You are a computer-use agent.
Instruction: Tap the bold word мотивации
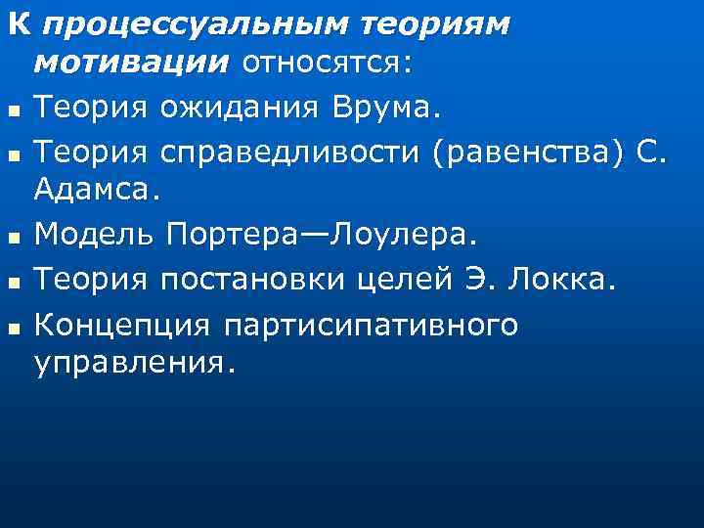tap(131, 64)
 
